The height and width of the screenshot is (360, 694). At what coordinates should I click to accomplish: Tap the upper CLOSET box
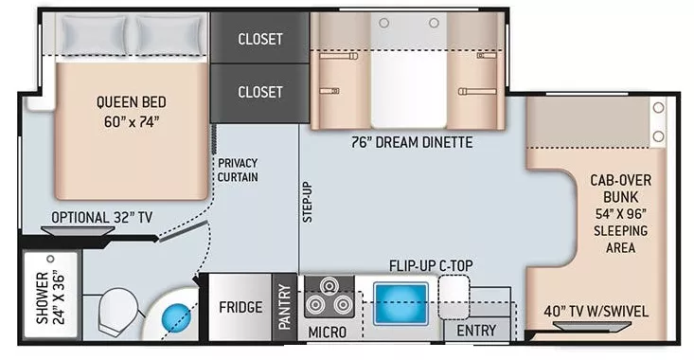(x=260, y=40)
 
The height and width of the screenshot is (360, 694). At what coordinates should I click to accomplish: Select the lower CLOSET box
(x=260, y=92)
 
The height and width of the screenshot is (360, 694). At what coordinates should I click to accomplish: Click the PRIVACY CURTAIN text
(x=237, y=170)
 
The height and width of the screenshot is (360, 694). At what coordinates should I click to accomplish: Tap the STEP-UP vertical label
(x=307, y=203)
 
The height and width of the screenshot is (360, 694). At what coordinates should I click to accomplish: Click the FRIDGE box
(x=240, y=308)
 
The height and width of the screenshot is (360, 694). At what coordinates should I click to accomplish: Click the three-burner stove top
(x=329, y=297)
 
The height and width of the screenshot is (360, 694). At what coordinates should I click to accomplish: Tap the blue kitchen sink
(x=401, y=301)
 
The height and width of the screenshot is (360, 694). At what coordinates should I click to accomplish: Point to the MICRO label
(x=327, y=333)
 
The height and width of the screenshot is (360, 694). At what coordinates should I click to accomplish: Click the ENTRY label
(x=476, y=331)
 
